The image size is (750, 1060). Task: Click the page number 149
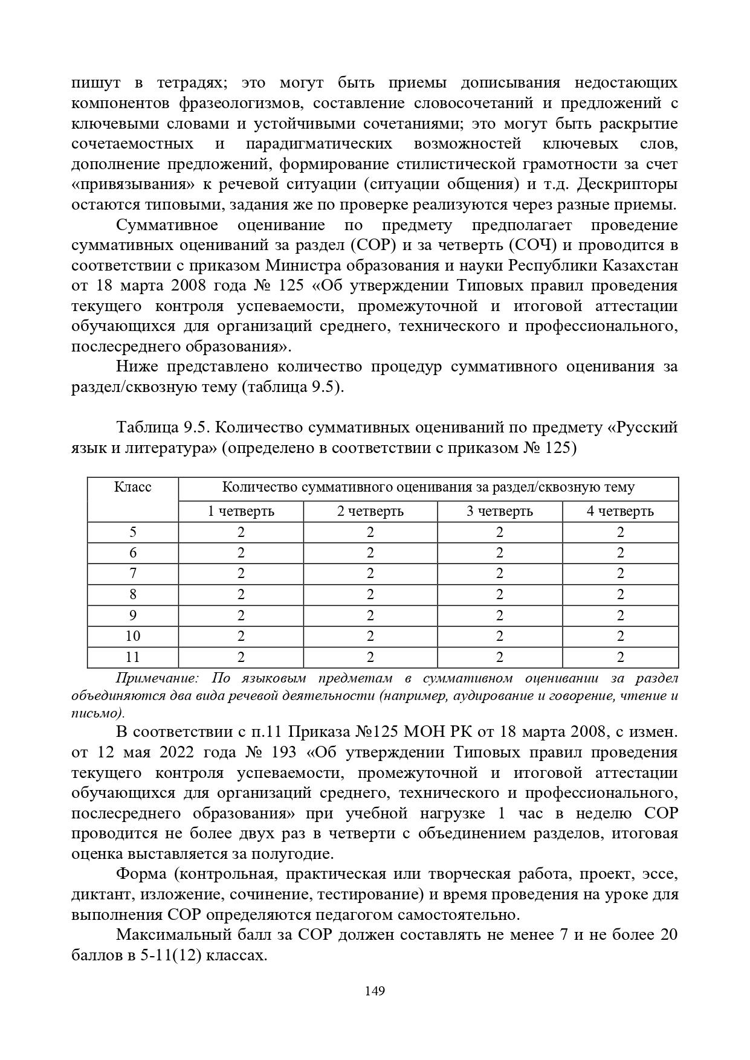(375, 991)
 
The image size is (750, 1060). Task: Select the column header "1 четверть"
(241, 512)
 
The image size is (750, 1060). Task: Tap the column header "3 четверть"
(499, 512)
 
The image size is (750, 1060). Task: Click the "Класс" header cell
(133, 487)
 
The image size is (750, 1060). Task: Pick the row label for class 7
(133, 574)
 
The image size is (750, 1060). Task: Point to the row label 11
(133, 657)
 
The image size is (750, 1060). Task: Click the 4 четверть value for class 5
(620, 533)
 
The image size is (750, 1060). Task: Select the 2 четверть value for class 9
(370, 615)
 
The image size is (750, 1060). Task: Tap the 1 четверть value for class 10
(241, 637)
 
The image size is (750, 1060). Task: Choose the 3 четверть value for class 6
(499, 553)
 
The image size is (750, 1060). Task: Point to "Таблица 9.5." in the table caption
(163, 428)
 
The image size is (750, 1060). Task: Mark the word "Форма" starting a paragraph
(141, 875)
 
